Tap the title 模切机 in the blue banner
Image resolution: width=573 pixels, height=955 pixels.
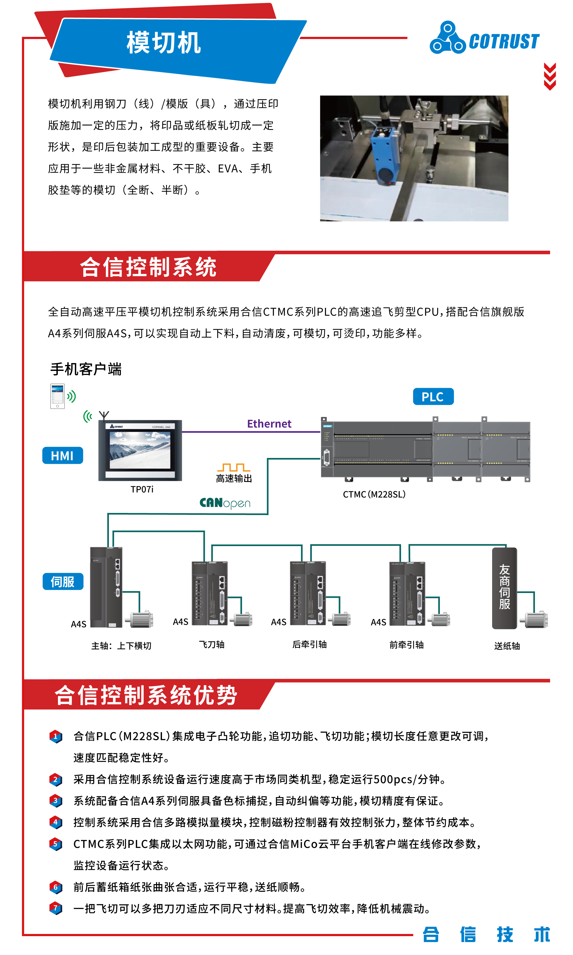coord(164,43)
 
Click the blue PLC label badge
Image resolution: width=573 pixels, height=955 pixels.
coord(433,397)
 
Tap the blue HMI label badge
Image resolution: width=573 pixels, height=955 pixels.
coord(63,456)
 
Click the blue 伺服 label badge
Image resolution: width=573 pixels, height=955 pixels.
coord(63,582)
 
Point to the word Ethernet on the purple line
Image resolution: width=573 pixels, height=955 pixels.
coord(269,424)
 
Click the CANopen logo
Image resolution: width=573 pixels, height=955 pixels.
coord(225,503)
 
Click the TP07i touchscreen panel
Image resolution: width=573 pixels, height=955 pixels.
coord(140,450)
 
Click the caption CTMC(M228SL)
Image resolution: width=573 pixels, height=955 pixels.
coord(374,494)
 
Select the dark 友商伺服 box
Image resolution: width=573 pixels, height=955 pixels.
coord(504,588)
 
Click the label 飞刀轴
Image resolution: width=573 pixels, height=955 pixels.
coord(212,644)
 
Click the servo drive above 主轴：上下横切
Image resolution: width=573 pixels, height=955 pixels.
coord(106,587)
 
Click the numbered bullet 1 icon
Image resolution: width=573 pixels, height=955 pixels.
coord(56,736)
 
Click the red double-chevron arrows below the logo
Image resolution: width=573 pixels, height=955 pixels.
coord(550,77)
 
